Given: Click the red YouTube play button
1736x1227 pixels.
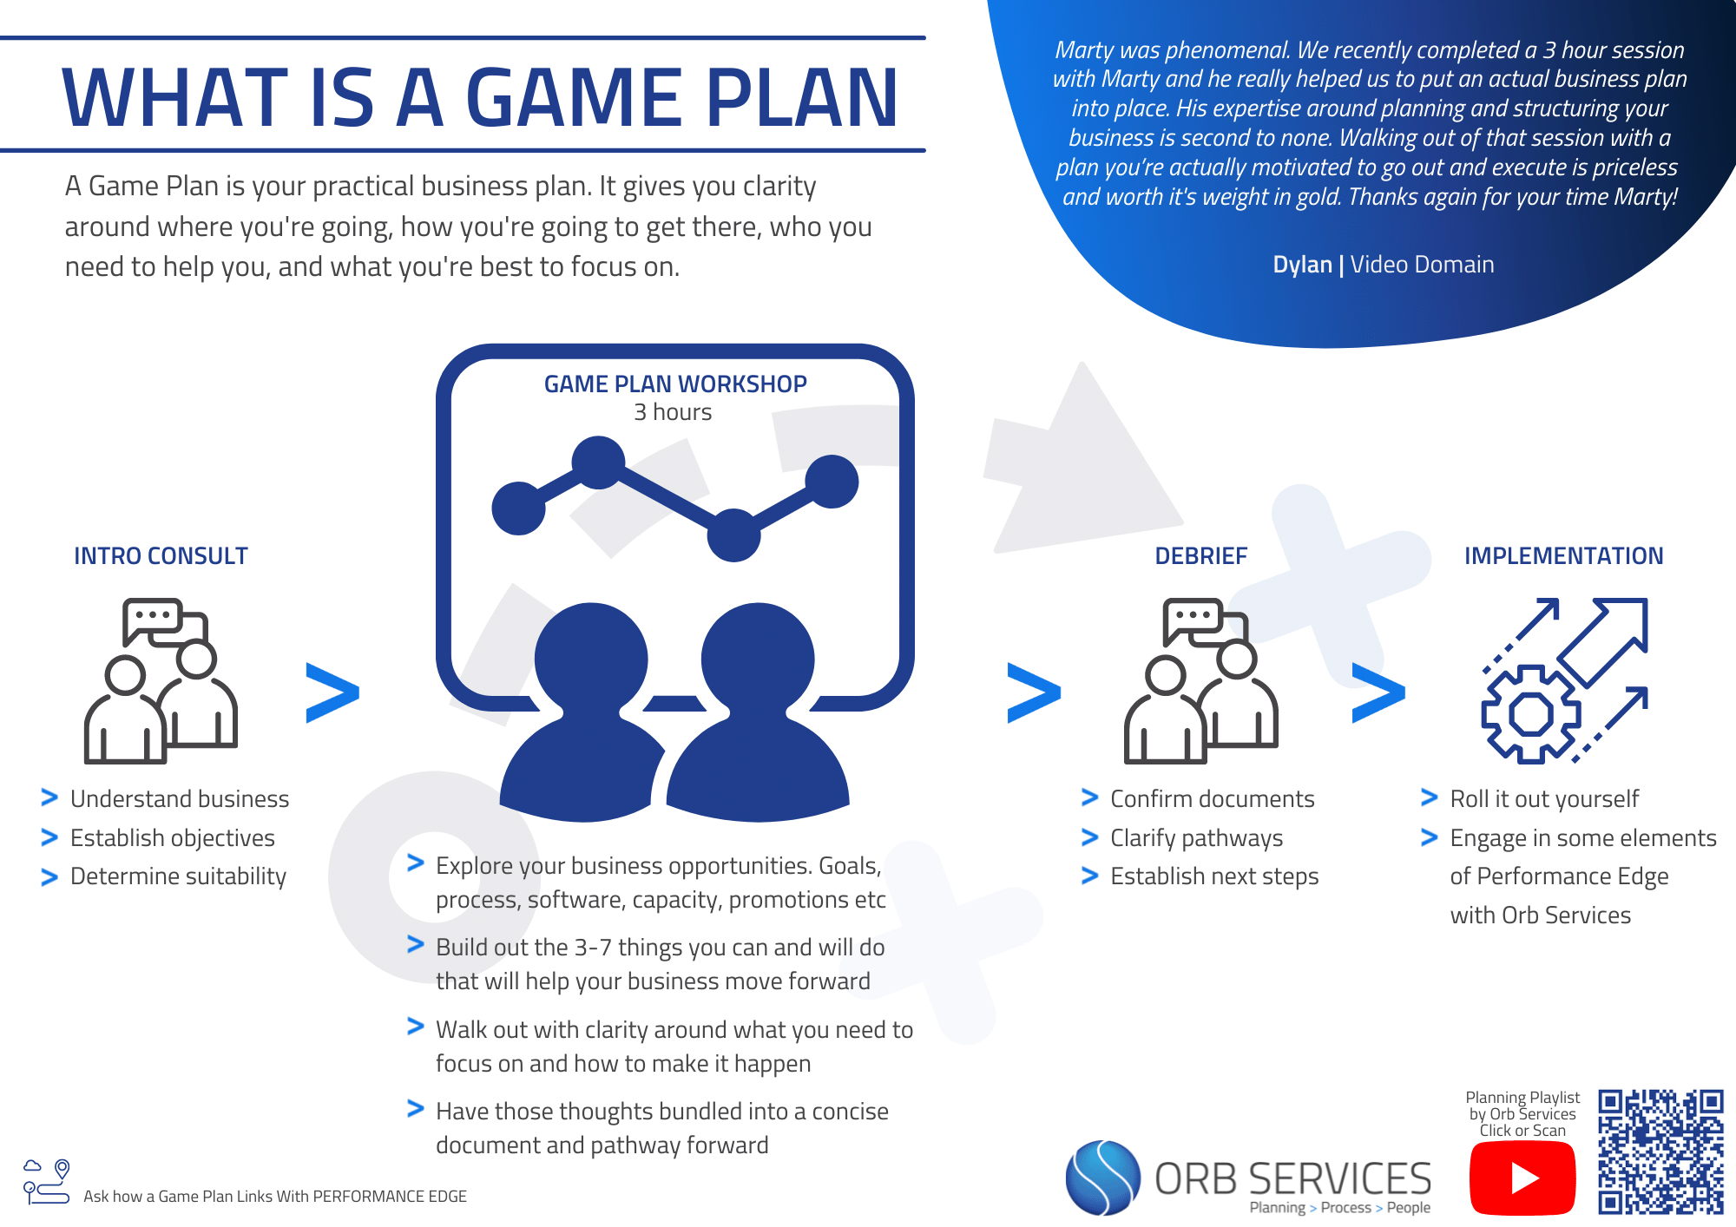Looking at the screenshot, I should pyautogui.click(x=1522, y=1178).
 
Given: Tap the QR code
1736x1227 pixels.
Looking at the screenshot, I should pyautogui.click(x=1660, y=1152).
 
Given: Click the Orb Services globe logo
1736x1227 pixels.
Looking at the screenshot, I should pyautogui.click(x=1102, y=1178).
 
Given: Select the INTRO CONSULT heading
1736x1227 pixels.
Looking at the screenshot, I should pyautogui.click(x=161, y=556).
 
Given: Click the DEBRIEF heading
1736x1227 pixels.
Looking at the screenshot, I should pyautogui.click(x=1200, y=556).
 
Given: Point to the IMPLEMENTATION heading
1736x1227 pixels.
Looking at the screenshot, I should pyautogui.click(x=1563, y=556).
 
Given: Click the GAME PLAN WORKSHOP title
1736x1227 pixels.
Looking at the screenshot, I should pyautogui.click(x=675, y=384).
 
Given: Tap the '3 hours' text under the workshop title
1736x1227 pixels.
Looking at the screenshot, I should pyautogui.click(x=673, y=412).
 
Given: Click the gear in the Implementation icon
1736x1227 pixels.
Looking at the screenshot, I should pyautogui.click(x=1530, y=714).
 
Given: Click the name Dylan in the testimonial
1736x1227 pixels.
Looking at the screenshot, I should pyautogui.click(x=1301, y=265).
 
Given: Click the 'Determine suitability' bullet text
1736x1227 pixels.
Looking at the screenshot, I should pyautogui.click(x=178, y=876).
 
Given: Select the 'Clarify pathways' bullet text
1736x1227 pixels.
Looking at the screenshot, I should pyautogui.click(x=1196, y=838).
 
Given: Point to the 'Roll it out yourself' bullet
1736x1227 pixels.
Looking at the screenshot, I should pyautogui.click(x=1544, y=799).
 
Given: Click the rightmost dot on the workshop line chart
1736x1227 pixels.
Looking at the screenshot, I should pyautogui.click(x=832, y=482).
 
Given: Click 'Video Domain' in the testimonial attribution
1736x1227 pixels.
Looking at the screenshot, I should pyautogui.click(x=1422, y=265).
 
